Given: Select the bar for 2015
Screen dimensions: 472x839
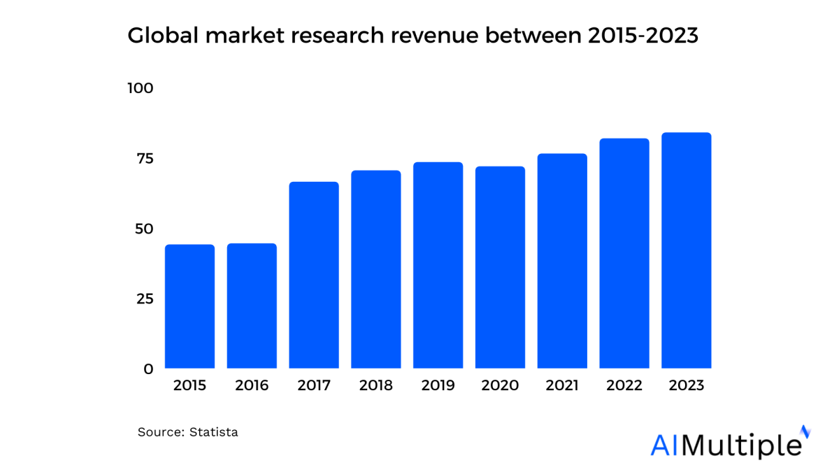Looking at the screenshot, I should coord(189,306).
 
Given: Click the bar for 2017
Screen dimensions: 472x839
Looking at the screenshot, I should coord(314,275).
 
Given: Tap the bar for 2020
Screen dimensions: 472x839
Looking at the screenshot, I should coord(500,267).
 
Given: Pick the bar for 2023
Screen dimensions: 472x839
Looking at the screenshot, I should coord(686,250).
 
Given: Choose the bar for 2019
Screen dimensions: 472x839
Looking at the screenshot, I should coord(438,265).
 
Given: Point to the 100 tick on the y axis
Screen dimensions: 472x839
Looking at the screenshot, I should coord(140,89).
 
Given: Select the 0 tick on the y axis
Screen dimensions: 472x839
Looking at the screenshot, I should coord(148,369).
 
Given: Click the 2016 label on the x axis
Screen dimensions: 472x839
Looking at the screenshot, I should coord(252,385).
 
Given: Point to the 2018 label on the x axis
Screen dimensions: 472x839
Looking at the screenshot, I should coord(375,385).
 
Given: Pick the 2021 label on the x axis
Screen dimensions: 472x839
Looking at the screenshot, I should coord(561,385).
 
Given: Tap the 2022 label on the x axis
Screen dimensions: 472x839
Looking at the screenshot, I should coord(624,385).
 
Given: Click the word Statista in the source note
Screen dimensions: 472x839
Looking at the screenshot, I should coord(214,432).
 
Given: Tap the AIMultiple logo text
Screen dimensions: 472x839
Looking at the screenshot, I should coord(726,445).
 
